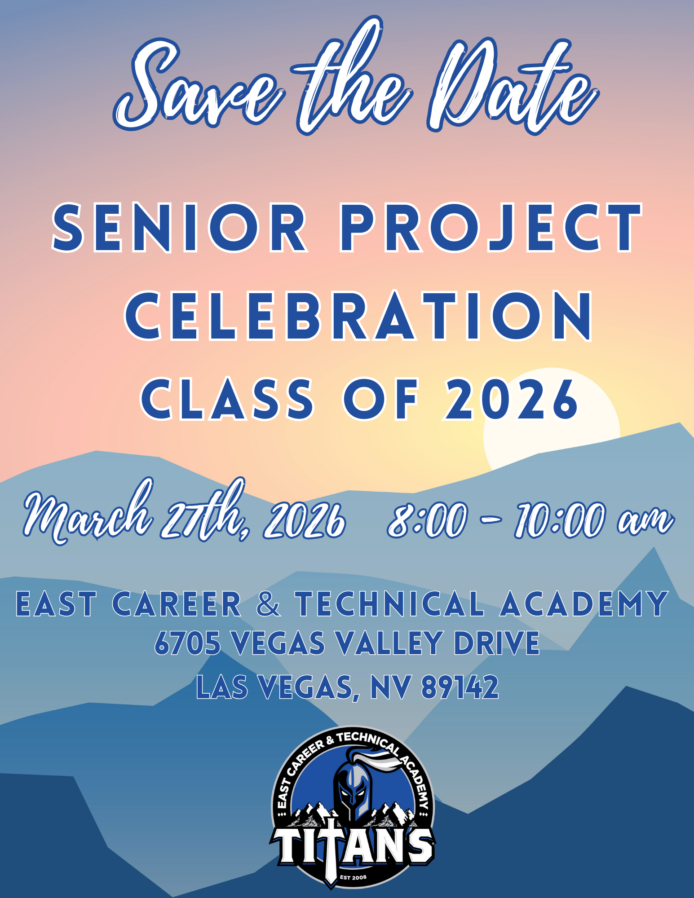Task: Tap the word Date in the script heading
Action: click(512, 85)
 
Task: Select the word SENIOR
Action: click(180, 227)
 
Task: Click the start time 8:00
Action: click(427, 521)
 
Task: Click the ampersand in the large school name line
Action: click(268, 604)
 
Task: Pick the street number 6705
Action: click(188, 643)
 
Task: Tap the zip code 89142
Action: click(460, 687)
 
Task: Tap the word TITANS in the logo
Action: click(353, 846)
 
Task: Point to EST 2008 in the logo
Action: click(353, 877)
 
